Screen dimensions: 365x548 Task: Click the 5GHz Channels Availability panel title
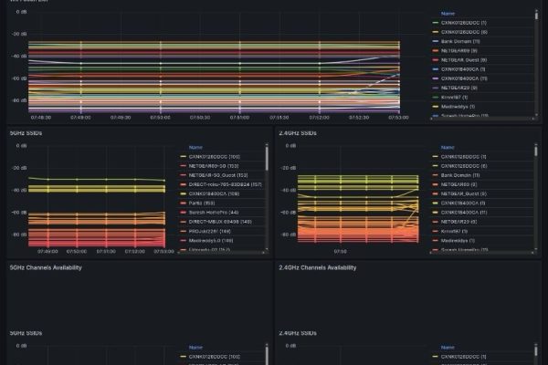[46, 267]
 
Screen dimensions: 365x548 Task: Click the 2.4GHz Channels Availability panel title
[317, 267]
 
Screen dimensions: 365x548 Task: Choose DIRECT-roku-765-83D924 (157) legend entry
[224, 184]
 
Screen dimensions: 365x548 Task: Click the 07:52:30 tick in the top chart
[359, 117]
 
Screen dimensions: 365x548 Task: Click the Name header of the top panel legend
[448, 14]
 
